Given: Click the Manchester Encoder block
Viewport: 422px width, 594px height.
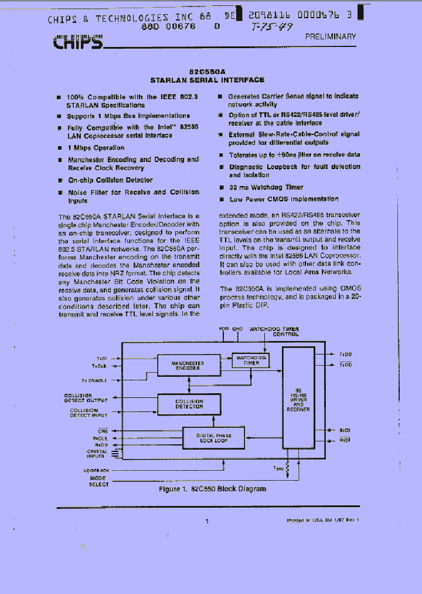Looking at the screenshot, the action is tap(188, 365).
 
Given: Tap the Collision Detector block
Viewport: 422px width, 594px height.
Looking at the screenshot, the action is tap(189, 404).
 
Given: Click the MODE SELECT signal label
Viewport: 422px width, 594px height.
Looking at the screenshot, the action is tap(98, 481).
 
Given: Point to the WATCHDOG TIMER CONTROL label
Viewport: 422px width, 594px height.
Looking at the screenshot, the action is tap(274, 332).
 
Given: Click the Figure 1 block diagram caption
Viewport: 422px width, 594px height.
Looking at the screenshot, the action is tap(212, 489).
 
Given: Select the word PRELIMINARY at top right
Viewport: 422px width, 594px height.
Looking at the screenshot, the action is tap(331, 36).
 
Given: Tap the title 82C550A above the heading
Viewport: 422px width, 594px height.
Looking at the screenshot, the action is tap(207, 69).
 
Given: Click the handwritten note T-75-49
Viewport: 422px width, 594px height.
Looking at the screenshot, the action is tap(271, 27).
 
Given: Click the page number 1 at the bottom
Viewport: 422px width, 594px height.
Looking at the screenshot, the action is tap(207, 521).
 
